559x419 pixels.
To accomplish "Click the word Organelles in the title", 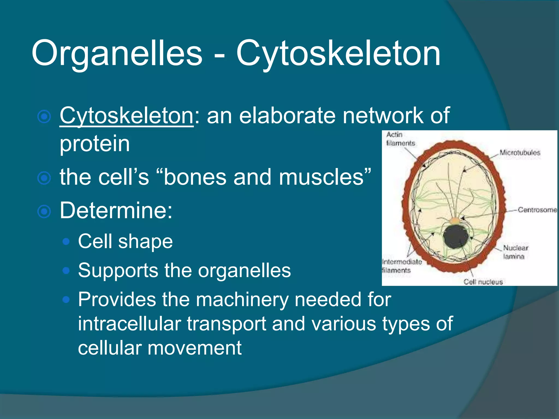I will pos(117,53).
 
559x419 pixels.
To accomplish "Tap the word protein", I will pos(94,144).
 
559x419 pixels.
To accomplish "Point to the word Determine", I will pos(116,211).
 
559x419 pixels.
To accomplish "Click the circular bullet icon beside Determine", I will pos(44,212).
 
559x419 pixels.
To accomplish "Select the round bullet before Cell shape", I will pos(66,242).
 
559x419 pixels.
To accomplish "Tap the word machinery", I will pos(242,300).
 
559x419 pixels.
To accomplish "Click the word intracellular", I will pos(129,324).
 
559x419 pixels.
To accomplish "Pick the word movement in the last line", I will pos(194,348).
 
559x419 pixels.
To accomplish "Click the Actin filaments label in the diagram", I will pos(400,139).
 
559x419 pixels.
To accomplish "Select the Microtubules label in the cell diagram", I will pos(520,152).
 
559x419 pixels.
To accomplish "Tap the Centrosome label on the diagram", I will pos(537,210).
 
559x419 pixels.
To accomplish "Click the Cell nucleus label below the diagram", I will pos(483,282).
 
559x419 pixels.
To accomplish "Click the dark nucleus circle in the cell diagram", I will pos(456,237).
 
